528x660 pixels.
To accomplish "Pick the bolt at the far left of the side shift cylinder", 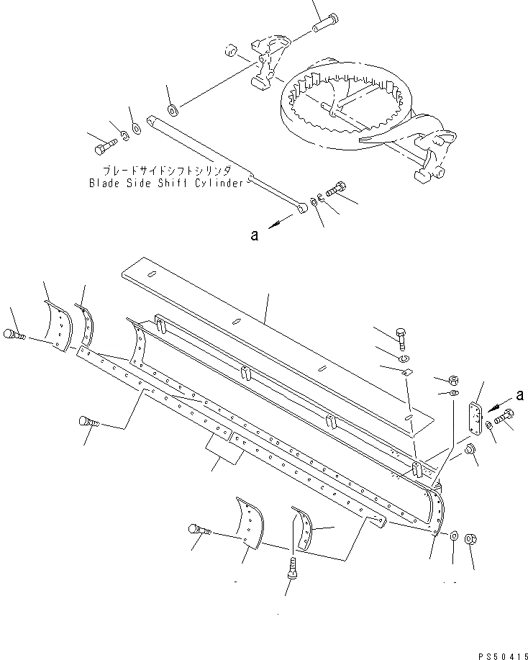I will point(101,149).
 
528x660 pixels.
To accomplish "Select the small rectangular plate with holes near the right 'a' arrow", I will point(475,417).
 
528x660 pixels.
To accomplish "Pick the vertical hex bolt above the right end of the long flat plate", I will point(401,335).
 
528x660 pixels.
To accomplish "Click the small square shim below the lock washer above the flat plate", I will point(406,371).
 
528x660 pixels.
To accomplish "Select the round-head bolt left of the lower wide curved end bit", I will point(199,530).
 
